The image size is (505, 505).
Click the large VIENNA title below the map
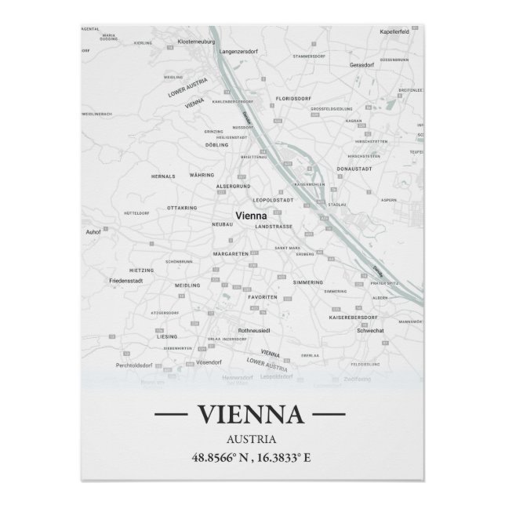pos(250,413)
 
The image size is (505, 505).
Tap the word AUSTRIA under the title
pos(250,438)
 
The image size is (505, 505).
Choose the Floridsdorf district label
pos(293,100)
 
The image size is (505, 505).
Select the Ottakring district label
pos(181,208)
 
